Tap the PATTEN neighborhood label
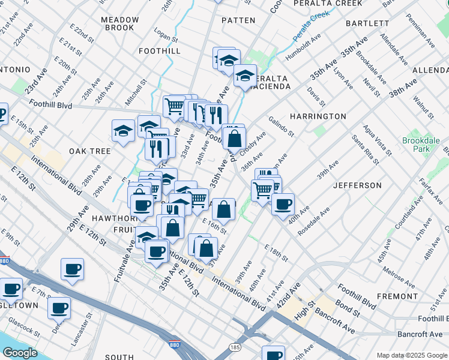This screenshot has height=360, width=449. [238, 20]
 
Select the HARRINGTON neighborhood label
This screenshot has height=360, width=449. [318, 116]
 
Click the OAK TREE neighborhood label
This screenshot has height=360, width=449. [89, 151]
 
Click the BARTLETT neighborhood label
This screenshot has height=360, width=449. [367, 23]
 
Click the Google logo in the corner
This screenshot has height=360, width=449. [20, 353]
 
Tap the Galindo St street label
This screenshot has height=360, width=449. [282, 126]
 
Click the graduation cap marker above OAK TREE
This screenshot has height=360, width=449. [123, 131]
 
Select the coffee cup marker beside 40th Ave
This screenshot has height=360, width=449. [283, 204]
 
